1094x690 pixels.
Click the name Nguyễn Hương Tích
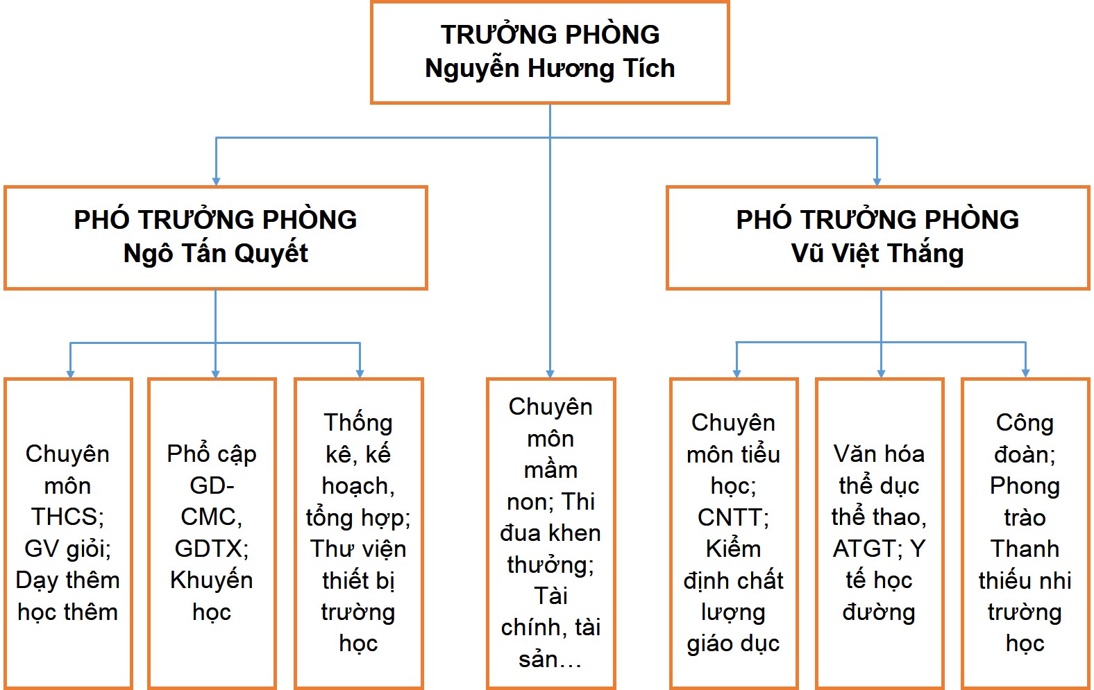pyautogui.click(x=550, y=69)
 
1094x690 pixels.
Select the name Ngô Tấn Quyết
pyautogui.click(x=215, y=254)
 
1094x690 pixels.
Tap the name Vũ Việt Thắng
pyautogui.click(x=877, y=254)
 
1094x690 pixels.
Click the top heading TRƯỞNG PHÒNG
pyautogui.click(x=550, y=34)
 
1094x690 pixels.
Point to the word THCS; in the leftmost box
pyautogui.click(x=67, y=517)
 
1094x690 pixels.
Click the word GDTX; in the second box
pyautogui.click(x=212, y=549)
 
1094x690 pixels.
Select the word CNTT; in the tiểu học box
pyautogui.click(x=733, y=517)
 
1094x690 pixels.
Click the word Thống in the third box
pyautogui.click(x=358, y=422)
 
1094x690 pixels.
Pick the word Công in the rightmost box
pyautogui.click(x=1025, y=423)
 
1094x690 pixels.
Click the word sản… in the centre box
pyautogui.click(x=550, y=659)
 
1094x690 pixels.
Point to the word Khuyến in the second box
pyautogui.click(x=212, y=580)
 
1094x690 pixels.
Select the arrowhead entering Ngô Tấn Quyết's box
pyautogui.click(x=216, y=182)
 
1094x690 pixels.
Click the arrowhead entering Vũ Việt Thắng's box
pyautogui.click(x=877, y=182)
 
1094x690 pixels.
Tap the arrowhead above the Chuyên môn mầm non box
pyautogui.click(x=550, y=374)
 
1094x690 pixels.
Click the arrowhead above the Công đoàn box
pyautogui.click(x=1026, y=373)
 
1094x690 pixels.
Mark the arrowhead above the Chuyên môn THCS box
pyautogui.click(x=70, y=374)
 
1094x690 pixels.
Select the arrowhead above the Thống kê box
pyautogui.click(x=360, y=374)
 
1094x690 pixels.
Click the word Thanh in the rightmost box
pyautogui.click(x=1025, y=549)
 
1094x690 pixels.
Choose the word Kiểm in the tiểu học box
pyautogui.click(x=733, y=549)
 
